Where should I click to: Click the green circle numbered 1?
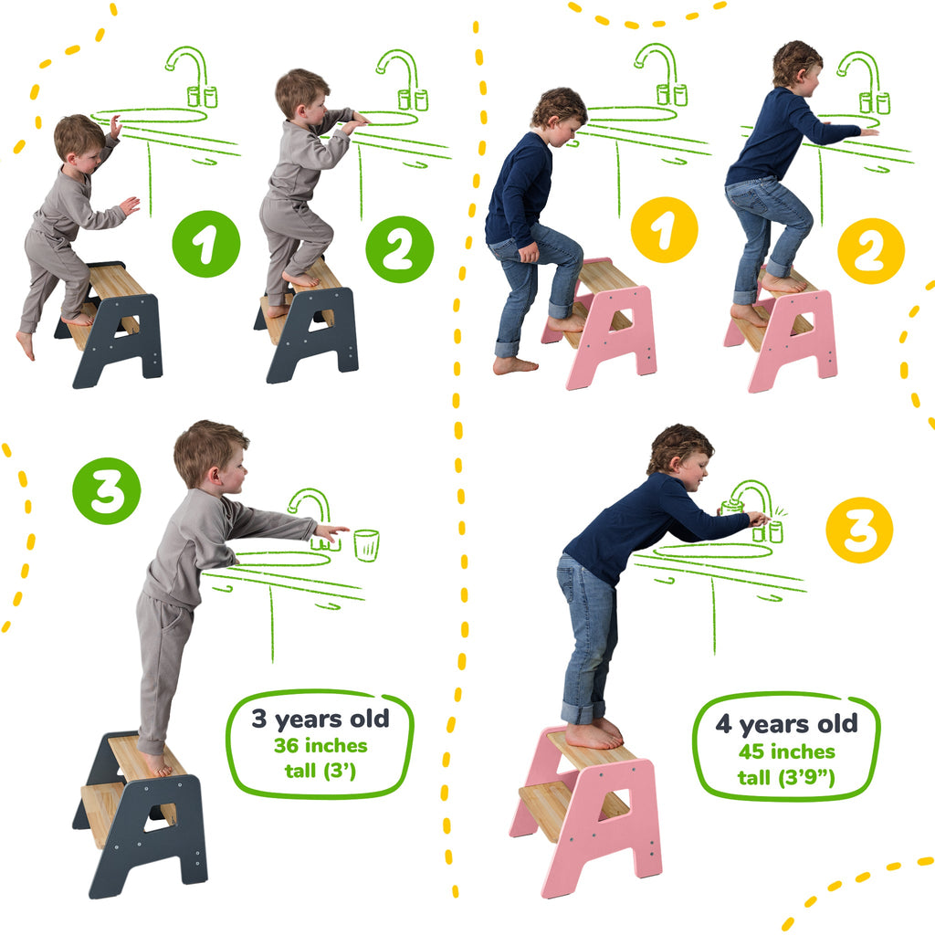(205, 244)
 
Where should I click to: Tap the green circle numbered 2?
(399, 249)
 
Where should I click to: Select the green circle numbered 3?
(107, 490)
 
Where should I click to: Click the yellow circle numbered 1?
(664, 230)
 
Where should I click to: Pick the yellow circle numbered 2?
(870, 250)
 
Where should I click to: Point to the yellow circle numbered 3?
(858, 529)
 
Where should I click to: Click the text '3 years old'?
(320, 718)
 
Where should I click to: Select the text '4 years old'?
(786, 724)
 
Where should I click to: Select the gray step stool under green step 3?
(142, 813)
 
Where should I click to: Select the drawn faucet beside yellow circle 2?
(860, 80)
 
